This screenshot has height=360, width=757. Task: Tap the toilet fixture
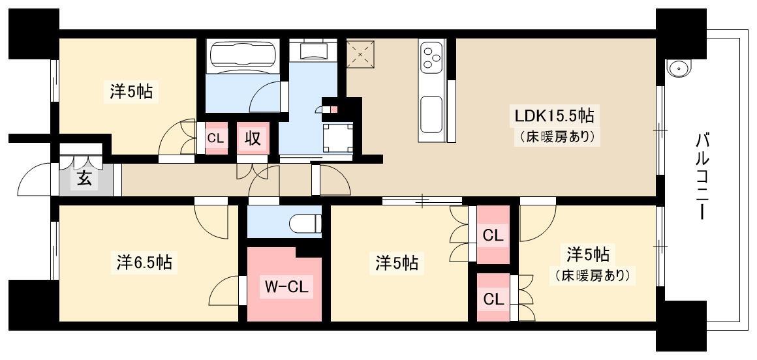coord(305,223)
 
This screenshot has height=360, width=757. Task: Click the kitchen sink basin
coord(431,114)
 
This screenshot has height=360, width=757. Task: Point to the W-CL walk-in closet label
coord(285,289)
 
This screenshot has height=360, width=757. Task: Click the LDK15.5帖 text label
coord(554,116)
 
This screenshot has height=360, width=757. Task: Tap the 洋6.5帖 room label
coord(144,262)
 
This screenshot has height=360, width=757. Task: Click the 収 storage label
coord(253,138)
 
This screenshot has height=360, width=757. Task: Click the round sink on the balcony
coord(679,68)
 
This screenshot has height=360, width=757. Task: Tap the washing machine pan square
coord(337,138)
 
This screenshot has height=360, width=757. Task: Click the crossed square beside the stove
coord(361,53)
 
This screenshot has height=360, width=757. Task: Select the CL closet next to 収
coord(216,138)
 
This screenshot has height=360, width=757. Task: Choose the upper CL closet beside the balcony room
coord(493,235)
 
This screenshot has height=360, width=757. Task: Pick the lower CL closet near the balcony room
coord(493,297)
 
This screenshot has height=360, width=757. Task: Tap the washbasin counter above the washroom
coord(313,49)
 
